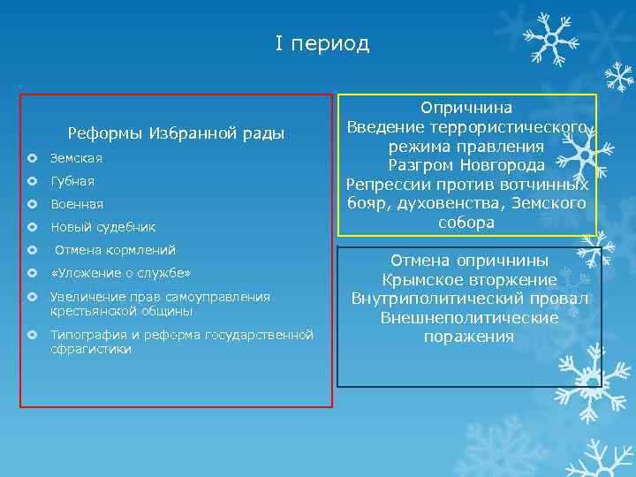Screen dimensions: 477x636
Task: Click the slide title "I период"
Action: pos(322,43)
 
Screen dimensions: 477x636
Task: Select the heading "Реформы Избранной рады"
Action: pos(176,133)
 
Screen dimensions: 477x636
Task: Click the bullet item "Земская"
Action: pos(76,158)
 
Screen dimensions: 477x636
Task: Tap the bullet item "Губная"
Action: pos(72,181)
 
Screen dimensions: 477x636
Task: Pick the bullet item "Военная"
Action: pos(77,204)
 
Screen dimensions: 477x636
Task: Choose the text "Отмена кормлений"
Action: pos(115,250)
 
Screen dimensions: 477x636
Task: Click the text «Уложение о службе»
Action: pos(120,273)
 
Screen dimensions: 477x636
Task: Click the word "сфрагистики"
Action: pos(91,350)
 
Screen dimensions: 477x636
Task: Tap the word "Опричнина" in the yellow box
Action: pos(466,107)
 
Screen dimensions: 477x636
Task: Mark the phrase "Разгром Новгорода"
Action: pos(466,165)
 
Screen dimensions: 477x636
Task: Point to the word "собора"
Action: pos(466,223)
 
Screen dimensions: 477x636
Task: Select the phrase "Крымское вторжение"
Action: pos(469,279)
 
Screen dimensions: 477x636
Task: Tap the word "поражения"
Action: pos(469,337)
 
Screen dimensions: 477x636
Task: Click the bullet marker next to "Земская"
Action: pos(33,159)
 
